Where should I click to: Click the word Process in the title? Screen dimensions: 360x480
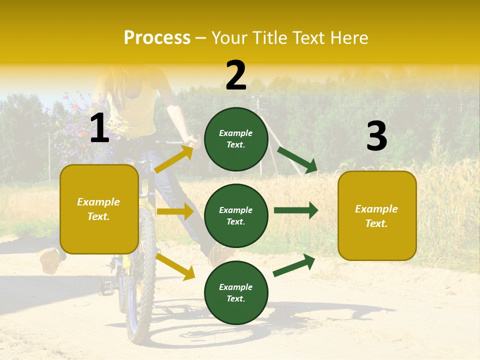coord(157,38)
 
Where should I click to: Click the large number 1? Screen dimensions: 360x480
coord(99,128)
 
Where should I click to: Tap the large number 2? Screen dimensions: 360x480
coord(236,75)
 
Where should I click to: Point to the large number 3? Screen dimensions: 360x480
coord(376,136)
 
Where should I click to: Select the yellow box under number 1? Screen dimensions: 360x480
coord(99,209)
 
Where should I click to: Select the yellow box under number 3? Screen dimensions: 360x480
coord(377,215)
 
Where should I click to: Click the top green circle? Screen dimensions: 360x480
coord(236,139)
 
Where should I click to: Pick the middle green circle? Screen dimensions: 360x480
coord(236,215)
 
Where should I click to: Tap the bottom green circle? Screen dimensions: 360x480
coord(236,292)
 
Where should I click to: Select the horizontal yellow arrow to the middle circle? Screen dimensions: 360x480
coord(175,211)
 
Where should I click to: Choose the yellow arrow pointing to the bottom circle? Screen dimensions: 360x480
coord(175,266)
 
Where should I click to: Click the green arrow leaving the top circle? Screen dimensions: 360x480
coord(297,159)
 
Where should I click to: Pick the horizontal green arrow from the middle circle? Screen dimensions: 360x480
coord(295,210)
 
